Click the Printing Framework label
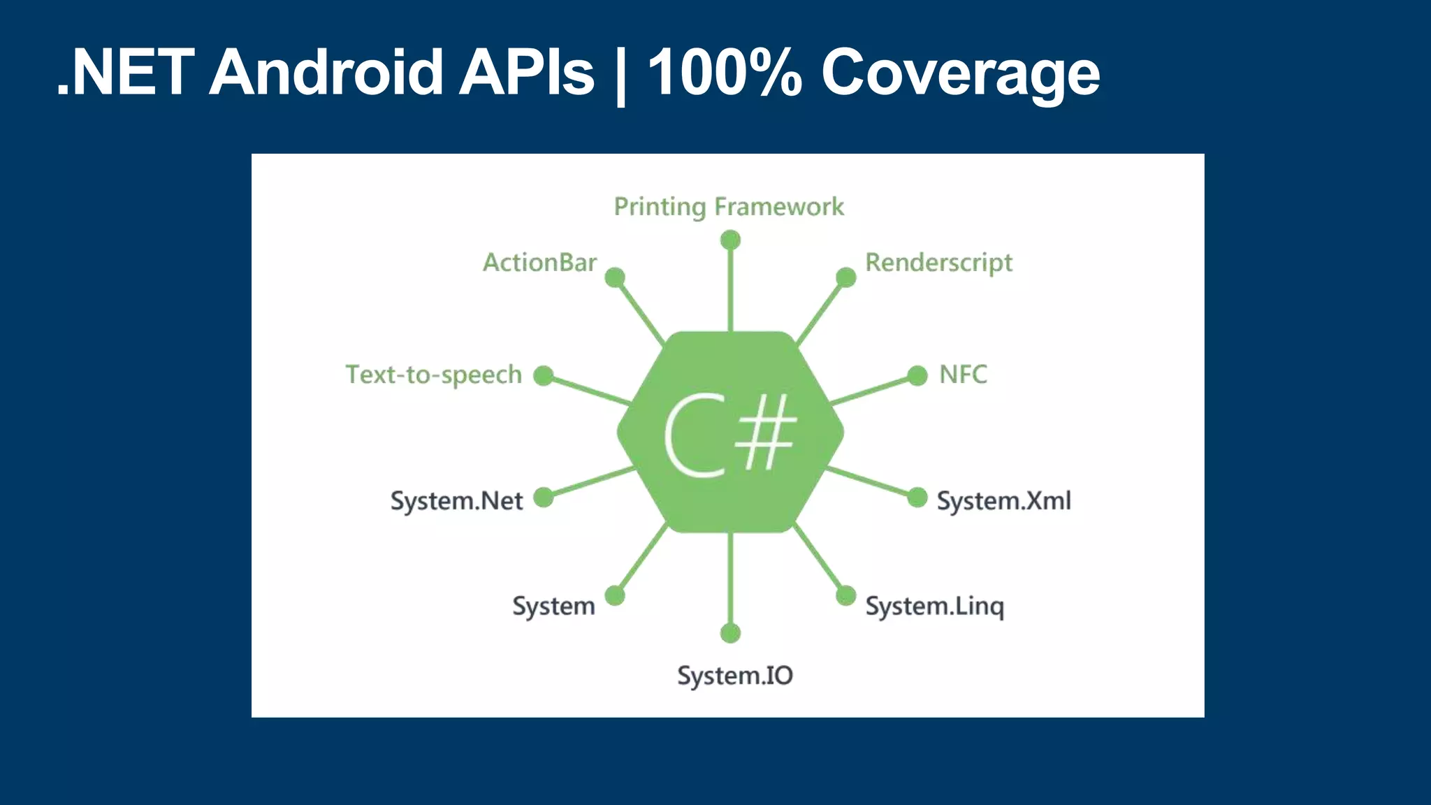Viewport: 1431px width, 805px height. coord(729,207)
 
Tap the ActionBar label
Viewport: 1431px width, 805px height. coord(539,263)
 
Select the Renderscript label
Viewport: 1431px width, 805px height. coord(938,263)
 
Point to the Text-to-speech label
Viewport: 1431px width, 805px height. coord(434,375)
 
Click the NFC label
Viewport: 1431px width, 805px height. coord(963,375)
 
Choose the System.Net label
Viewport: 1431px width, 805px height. coord(456,501)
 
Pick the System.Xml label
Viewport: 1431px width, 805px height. coord(1003,501)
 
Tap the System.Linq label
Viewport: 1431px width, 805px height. coord(935,607)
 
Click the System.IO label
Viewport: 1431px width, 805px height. coord(735,676)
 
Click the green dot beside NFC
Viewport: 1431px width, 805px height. coord(917,376)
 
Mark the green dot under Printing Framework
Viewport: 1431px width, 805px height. coord(730,240)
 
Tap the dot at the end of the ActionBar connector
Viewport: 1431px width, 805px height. coord(615,278)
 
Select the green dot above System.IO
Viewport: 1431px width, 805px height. coord(730,633)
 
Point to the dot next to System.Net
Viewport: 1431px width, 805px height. coord(544,498)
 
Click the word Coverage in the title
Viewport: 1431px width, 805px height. coord(960,73)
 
